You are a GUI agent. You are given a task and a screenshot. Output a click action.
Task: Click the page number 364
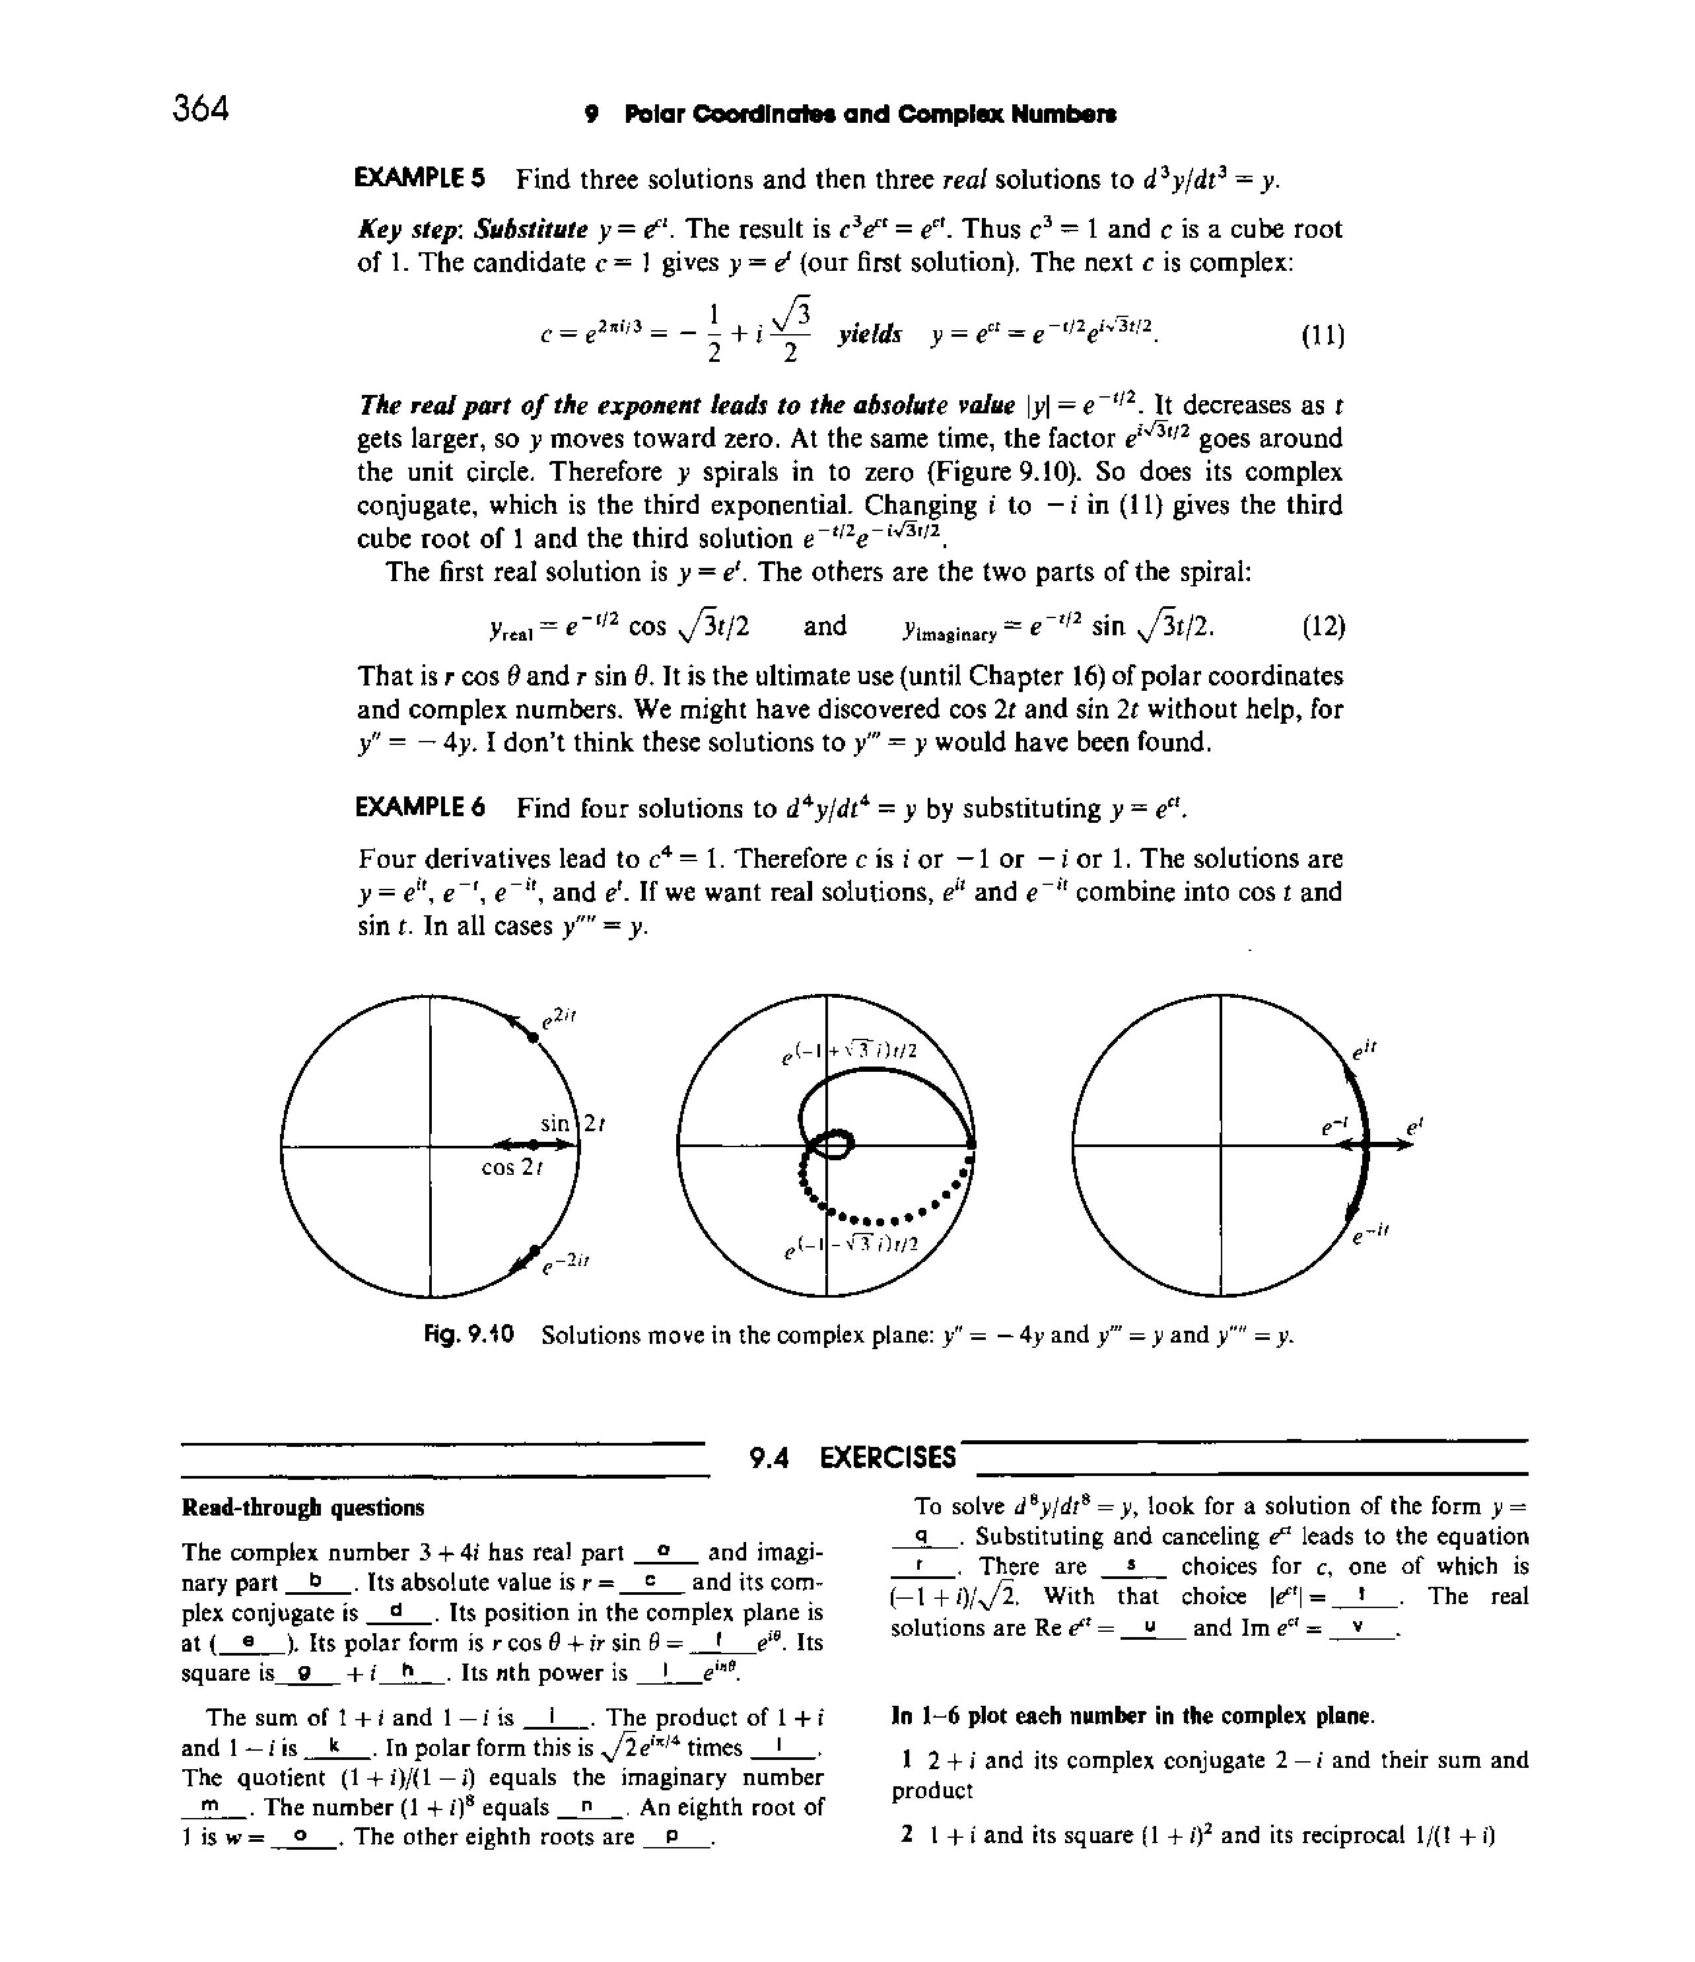coord(201,109)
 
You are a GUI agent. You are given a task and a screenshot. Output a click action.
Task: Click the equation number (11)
coord(1322,335)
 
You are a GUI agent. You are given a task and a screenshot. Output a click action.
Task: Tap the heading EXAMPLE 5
coord(419,178)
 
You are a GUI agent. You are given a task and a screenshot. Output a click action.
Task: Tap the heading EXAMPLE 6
coord(419,808)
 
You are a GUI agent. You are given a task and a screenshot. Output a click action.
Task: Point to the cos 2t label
coord(512,1168)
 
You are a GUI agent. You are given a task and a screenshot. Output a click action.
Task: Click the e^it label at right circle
coord(1364,1049)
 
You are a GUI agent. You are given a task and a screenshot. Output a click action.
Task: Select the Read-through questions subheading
coord(303,1506)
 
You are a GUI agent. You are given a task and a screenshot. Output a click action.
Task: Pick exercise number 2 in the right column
coord(907,1835)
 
